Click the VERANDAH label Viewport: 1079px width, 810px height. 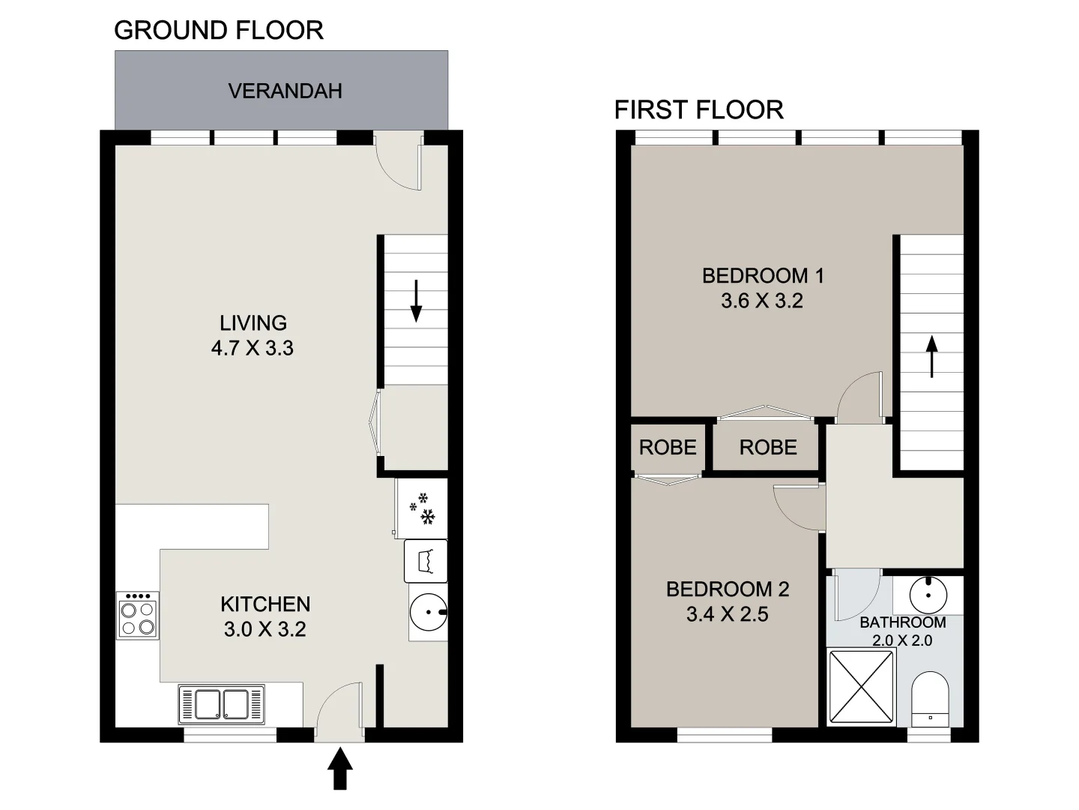click(x=285, y=91)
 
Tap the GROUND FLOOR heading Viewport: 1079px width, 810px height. click(x=218, y=30)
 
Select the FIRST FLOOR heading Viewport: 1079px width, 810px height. click(x=698, y=109)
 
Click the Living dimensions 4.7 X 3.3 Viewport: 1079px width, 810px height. click(x=253, y=348)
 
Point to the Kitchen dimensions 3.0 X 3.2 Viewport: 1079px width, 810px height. click(x=265, y=628)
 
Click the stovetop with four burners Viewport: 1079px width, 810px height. click(x=138, y=616)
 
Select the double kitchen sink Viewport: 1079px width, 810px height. click(x=221, y=703)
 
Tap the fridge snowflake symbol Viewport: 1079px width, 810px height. click(x=424, y=508)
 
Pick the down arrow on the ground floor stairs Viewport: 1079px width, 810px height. click(x=417, y=301)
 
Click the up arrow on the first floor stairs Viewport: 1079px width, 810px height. click(x=931, y=356)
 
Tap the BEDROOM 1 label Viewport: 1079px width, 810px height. click(x=762, y=275)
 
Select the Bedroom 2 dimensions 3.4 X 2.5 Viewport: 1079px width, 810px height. click(x=727, y=614)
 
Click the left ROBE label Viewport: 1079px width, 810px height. click(x=667, y=448)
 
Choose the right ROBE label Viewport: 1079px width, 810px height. click(x=767, y=448)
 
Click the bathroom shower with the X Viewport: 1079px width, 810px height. click(x=861, y=687)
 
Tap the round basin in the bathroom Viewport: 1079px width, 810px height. click(x=928, y=595)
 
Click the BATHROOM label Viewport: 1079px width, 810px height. click(x=902, y=622)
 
